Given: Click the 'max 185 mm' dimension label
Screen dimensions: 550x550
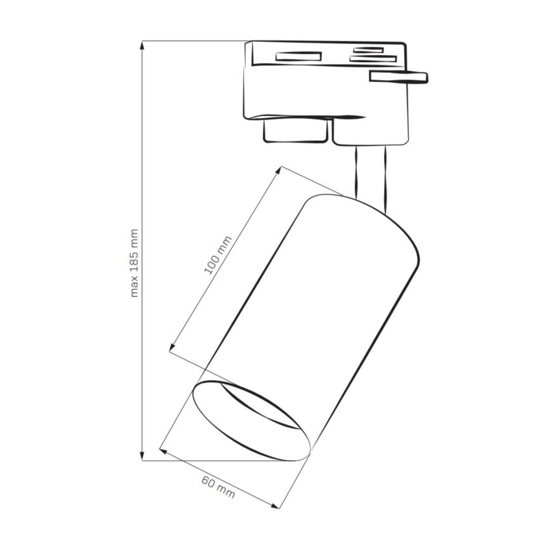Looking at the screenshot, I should click(x=134, y=262).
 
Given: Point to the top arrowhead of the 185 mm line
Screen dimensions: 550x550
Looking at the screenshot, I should click(x=143, y=45).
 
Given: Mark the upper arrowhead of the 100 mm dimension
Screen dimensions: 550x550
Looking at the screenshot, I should click(x=279, y=170).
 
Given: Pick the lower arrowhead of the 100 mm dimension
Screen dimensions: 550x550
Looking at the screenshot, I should click(x=172, y=347).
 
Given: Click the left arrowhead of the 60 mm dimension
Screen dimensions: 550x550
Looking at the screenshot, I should click(x=163, y=451).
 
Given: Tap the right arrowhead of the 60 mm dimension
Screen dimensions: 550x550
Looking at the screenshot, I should click(x=276, y=505).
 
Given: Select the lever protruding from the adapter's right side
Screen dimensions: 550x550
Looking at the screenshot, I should click(x=399, y=77).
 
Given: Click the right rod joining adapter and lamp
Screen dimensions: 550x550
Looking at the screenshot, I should click(x=383, y=177).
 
